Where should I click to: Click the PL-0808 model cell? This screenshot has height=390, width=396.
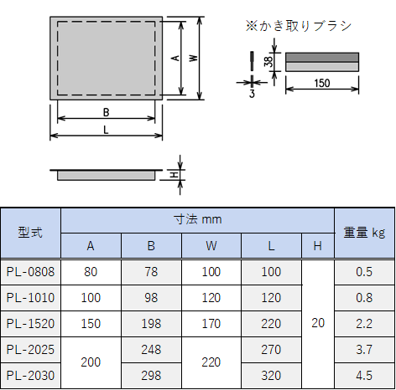click(x=30, y=272)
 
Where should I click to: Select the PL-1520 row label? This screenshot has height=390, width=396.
click(x=30, y=324)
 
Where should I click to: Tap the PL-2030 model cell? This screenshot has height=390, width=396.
click(x=30, y=376)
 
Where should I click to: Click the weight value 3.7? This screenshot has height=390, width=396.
click(x=364, y=350)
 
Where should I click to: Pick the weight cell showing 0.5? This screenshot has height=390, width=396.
click(x=364, y=272)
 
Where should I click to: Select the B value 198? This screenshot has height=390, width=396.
click(x=151, y=324)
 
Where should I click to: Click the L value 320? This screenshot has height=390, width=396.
click(x=271, y=376)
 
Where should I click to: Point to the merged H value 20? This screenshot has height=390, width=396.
click(x=318, y=323)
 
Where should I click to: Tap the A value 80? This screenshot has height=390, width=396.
click(x=91, y=272)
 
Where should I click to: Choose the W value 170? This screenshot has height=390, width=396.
click(x=211, y=324)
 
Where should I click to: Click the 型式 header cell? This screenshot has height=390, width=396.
click(x=30, y=233)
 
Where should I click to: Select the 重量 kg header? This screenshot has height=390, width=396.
click(x=364, y=233)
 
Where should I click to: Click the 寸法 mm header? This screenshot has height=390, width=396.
click(x=197, y=219)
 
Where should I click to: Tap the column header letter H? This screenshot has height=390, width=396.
click(x=317, y=246)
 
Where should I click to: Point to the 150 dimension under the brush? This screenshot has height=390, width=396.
click(x=322, y=83)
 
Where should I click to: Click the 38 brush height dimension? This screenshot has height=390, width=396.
click(x=268, y=62)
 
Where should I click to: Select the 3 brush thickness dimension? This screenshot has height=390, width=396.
click(x=252, y=94)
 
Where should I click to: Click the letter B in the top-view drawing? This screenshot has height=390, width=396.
click(x=106, y=112)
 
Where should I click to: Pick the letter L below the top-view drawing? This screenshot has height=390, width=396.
click(x=106, y=130)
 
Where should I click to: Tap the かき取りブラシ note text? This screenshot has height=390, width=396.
click(x=298, y=26)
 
